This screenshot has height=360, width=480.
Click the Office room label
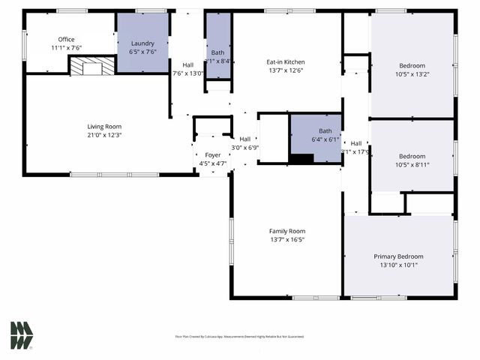point(67,40)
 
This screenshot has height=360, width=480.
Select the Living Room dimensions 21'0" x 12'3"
point(103,135)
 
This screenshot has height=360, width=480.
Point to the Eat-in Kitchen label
point(286,61)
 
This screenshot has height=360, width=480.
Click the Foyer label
point(213,154)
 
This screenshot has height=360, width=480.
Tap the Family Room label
point(286,231)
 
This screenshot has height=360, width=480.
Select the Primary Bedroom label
point(398,256)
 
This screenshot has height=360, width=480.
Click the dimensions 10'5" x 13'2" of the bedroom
point(412,73)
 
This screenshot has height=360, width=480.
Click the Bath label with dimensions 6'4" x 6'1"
point(316,130)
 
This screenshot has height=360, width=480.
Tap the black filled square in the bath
point(301,157)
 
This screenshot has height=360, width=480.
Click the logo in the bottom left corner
point(22,335)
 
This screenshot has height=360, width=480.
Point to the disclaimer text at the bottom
point(239,337)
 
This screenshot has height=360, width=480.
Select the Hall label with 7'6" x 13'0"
point(187,64)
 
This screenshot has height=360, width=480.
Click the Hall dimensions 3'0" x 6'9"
point(244,147)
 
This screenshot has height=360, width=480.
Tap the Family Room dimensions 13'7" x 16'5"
point(286,240)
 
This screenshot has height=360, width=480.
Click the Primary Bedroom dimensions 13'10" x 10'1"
point(398,265)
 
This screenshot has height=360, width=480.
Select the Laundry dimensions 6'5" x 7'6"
point(142,52)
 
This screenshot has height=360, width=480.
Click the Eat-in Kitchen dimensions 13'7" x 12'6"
point(286,70)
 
